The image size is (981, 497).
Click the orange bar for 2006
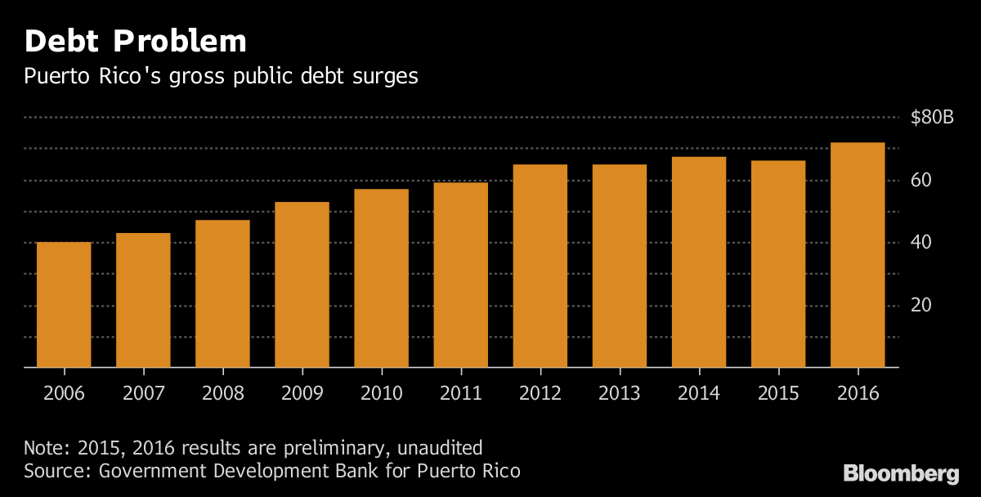click(x=64, y=304)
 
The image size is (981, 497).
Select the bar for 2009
click(x=302, y=284)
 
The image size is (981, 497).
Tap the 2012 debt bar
click(x=540, y=266)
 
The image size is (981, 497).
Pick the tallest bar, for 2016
click(x=858, y=255)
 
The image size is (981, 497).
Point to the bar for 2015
click(x=778, y=264)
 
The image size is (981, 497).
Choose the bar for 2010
click(x=381, y=278)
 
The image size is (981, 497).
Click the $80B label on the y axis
click(x=932, y=118)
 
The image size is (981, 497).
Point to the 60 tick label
click(x=921, y=180)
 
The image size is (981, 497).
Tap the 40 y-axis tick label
click(x=921, y=243)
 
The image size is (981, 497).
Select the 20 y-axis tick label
click(x=921, y=306)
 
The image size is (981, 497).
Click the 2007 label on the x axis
click(x=143, y=392)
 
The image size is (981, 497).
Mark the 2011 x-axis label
click(x=460, y=392)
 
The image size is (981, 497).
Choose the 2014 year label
click(x=699, y=392)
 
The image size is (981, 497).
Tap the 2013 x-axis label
click(x=620, y=392)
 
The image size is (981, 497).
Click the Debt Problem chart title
click(x=135, y=41)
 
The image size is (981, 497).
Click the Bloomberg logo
click(x=901, y=473)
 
